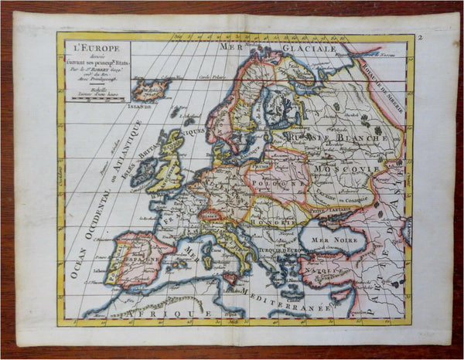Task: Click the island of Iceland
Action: pos(152,88)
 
